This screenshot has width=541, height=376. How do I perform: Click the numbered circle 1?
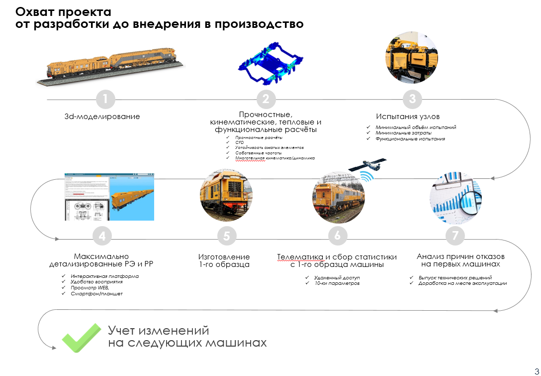pyautogui.click(x=105, y=99)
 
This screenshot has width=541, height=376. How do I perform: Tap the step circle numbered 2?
pyautogui.click(x=266, y=99)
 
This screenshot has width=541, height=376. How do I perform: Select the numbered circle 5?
pyautogui.click(x=226, y=236)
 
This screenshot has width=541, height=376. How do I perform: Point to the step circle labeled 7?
pyautogui.click(x=455, y=236)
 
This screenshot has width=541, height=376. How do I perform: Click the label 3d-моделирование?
pyautogui.click(x=102, y=117)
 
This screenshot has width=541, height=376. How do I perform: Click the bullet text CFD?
pyautogui.click(x=240, y=142)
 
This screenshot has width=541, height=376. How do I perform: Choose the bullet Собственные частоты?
pyautogui.click(x=259, y=153)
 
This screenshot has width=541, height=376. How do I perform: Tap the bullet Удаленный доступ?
pyautogui.click(x=337, y=277)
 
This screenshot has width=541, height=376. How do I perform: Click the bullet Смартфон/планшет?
pyautogui.click(x=96, y=294)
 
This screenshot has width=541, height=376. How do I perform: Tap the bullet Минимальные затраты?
pyautogui.click(x=403, y=133)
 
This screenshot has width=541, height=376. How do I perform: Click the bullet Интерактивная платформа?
pyautogui.click(x=104, y=276)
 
